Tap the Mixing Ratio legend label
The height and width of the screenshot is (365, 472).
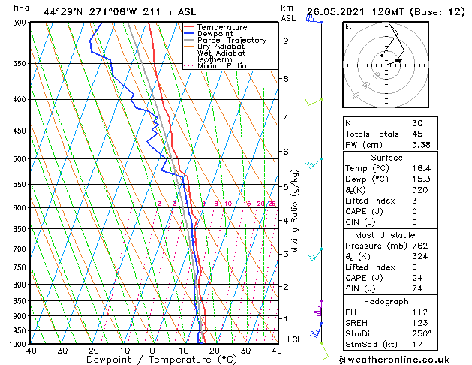click(x=222, y=66)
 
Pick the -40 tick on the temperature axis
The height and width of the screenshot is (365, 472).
click(x=29, y=350)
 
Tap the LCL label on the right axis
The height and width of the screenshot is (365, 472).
click(x=295, y=339)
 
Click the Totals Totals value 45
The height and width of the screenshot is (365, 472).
click(x=417, y=134)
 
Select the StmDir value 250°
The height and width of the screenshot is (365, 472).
click(x=421, y=334)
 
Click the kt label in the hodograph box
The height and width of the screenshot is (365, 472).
click(x=349, y=26)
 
